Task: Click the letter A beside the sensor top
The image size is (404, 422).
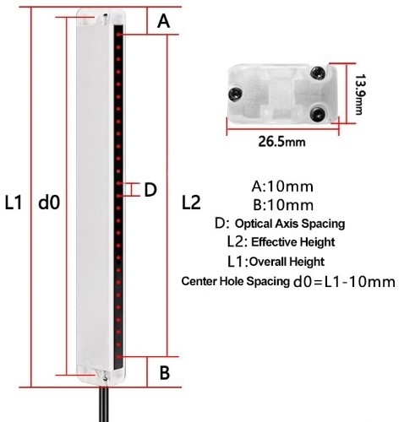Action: (x=164, y=23)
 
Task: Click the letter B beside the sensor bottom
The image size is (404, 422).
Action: (x=166, y=371)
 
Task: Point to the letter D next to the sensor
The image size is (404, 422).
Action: (x=150, y=190)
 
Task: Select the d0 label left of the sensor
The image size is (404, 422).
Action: (x=50, y=203)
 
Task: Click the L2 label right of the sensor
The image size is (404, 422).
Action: (x=192, y=203)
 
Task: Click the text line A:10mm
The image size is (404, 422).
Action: (x=283, y=187)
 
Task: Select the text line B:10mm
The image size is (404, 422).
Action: (x=283, y=205)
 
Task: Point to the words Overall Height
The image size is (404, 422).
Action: (x=287, y=261)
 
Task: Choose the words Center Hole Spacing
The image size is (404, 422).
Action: (x=234, y=281)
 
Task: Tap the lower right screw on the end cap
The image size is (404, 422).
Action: (x=317, y=109)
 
